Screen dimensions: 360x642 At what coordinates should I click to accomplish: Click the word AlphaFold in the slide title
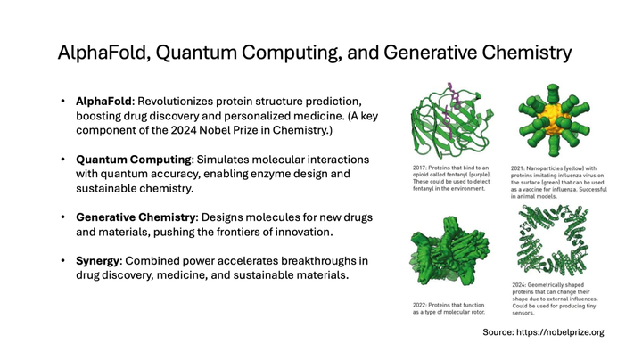coord(100,53)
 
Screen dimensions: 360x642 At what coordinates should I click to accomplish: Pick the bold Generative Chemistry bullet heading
coord(136,217)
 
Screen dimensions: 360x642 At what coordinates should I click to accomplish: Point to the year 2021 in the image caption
coord(519,167)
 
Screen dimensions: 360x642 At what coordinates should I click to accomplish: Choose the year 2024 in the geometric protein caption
coord(520,286)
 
